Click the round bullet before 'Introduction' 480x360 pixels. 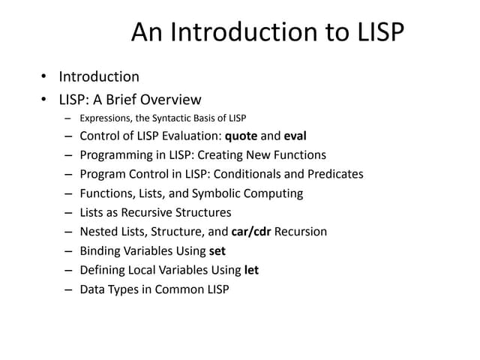pyautogui.click(x=43, y=77)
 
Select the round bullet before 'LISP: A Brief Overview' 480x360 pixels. pyautogui.click(x=43, y=100)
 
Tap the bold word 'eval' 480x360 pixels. pyautogui.click(x=295, y=136)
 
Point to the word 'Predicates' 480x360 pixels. pyautogui.click(x=335, y=174)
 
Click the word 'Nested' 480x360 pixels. pyautogui.click(x=98, y=232)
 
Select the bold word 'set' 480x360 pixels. pyautogui.click(x=217, y=250)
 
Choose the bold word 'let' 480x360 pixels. pyautogui.click(x=252, y=270)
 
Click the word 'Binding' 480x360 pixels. pyautogui.click(x=100, y=250)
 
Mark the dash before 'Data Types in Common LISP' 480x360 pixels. pyautogui.click(x=68, y=289)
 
